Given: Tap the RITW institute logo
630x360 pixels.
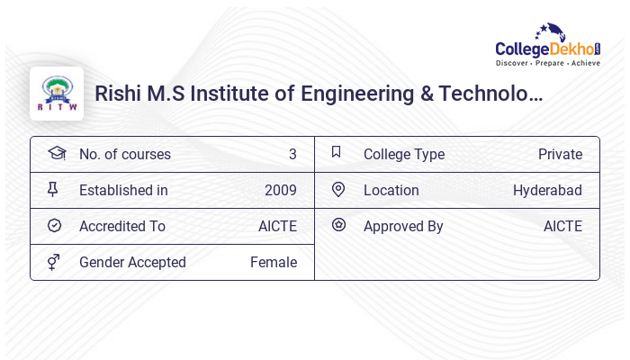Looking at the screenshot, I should coord(57,94).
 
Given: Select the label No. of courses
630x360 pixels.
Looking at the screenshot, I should coord(124,154).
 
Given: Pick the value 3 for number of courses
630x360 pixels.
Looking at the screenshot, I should coord(292,154).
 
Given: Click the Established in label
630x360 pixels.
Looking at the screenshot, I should coord(123,190).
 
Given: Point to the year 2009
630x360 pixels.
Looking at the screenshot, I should coord(280,190).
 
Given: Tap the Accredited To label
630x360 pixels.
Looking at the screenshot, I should coord(122,226).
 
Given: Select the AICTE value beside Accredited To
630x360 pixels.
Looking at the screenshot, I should coord(277,226).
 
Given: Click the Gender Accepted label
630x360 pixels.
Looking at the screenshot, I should coord(132,262).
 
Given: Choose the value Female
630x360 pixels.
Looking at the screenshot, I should coord(273,262).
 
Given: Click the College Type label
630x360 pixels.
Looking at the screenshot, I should coord(404,154).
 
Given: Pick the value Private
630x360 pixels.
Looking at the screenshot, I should coord(560,154).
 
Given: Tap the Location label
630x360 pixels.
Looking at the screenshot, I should coord(391,190).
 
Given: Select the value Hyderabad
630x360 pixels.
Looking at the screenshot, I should coord(547,190).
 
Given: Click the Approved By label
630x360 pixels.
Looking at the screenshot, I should coord(403,226).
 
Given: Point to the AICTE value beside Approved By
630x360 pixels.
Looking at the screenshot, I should coord(562,226).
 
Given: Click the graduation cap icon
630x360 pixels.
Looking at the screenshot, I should coord(56,153).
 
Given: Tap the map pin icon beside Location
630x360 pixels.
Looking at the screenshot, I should coord(338,189).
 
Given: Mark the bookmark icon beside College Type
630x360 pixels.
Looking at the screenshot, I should coord(336,152).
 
